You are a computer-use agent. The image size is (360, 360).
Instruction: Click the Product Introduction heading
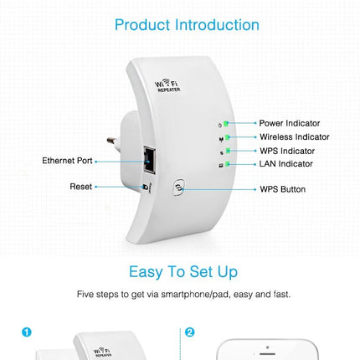[187, 24]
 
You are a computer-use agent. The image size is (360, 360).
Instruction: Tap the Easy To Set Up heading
[183, 271]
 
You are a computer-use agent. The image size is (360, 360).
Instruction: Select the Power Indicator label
[289, 123]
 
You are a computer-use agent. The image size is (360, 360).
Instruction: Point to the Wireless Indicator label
[294, 136]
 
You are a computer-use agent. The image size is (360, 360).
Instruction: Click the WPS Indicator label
[286, 151]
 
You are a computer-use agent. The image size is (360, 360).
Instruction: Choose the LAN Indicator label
[285, 164]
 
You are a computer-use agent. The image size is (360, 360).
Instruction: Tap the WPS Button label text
[282, 189]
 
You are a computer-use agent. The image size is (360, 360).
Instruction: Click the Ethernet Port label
[67, 160]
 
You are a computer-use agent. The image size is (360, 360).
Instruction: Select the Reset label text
[80, 187]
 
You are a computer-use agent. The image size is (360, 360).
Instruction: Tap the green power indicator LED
[225, 123]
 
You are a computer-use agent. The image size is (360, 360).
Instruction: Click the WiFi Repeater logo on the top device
[168, 85]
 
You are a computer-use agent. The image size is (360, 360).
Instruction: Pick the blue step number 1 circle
[26, 332]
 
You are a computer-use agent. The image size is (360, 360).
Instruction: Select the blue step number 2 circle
[189, 332]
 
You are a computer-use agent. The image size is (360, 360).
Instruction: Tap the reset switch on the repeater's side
[147, 188]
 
